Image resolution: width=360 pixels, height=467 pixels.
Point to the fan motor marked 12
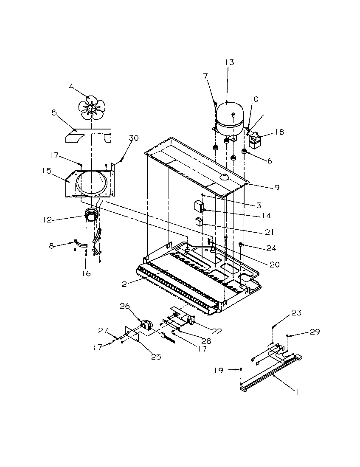(90, 215)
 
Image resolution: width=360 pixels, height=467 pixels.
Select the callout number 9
(276, 186)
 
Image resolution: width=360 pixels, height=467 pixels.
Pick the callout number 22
(217, 331)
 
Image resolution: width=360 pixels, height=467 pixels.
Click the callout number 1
(297, 393)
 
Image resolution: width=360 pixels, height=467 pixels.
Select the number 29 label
(315, 332)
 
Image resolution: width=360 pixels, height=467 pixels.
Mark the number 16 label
(86, 273)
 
